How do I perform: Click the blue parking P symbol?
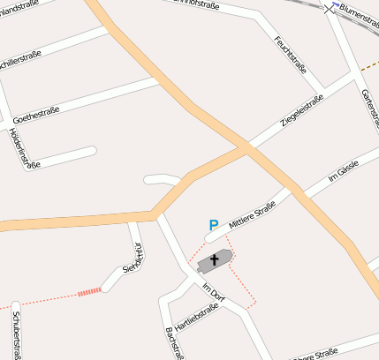click(x=213, y=226)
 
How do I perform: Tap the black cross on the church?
click(x=214, y=260)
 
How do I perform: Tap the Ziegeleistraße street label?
click(x=302, y=110)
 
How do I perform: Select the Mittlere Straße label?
click(x=252, y=214)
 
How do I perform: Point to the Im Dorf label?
click(x=215, y=291)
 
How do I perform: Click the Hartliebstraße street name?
click(x=195, y=318)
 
